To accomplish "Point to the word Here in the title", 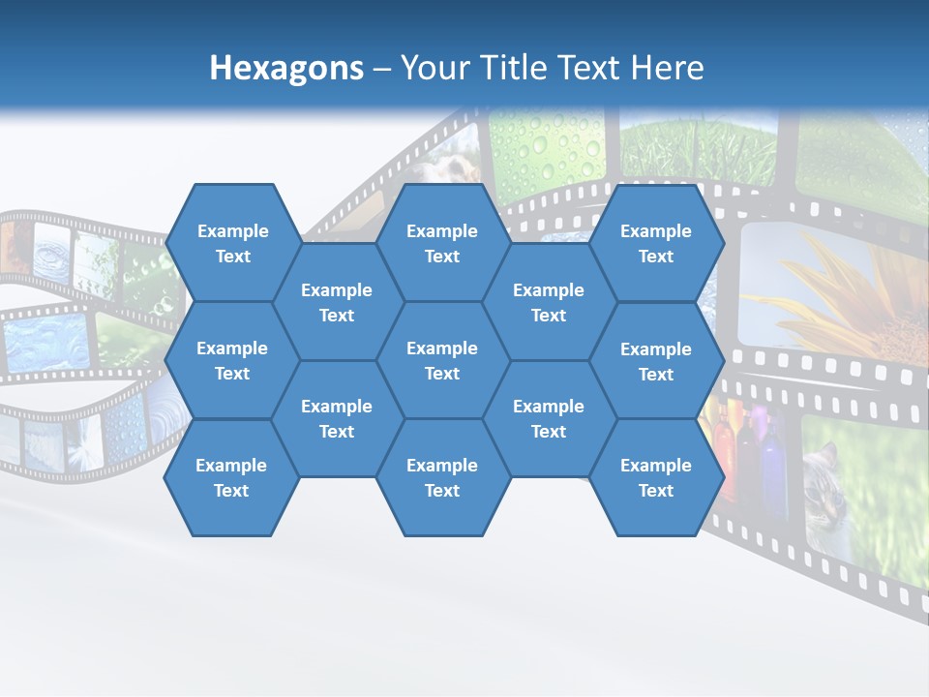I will pyautogui.click(x=667, y=68).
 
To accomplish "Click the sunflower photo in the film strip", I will pyautogui.click(x=832, y=290).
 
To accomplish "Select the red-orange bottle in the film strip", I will pyautogui.click(x=724, y=455).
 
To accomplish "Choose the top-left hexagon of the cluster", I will pyautogui.click(x=232, y=243).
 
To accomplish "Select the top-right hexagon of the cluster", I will pyautogui.click(x=656, y=243).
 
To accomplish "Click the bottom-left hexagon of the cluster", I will pyautogui.click(x=231, y=477).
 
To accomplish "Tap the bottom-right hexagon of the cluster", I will pyautogui.click(x=656, y=477).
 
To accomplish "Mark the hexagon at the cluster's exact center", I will pyautogui.click(x=442, y=360).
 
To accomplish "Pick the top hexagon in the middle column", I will pyautogui.click(x=442, y=243).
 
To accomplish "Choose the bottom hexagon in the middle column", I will pyautogui.click(x=442, y=477).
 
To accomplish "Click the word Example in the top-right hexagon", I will pyautogui.click(x=656, y=231).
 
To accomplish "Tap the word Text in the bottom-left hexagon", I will pyautogui.click(x=231, y=491).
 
